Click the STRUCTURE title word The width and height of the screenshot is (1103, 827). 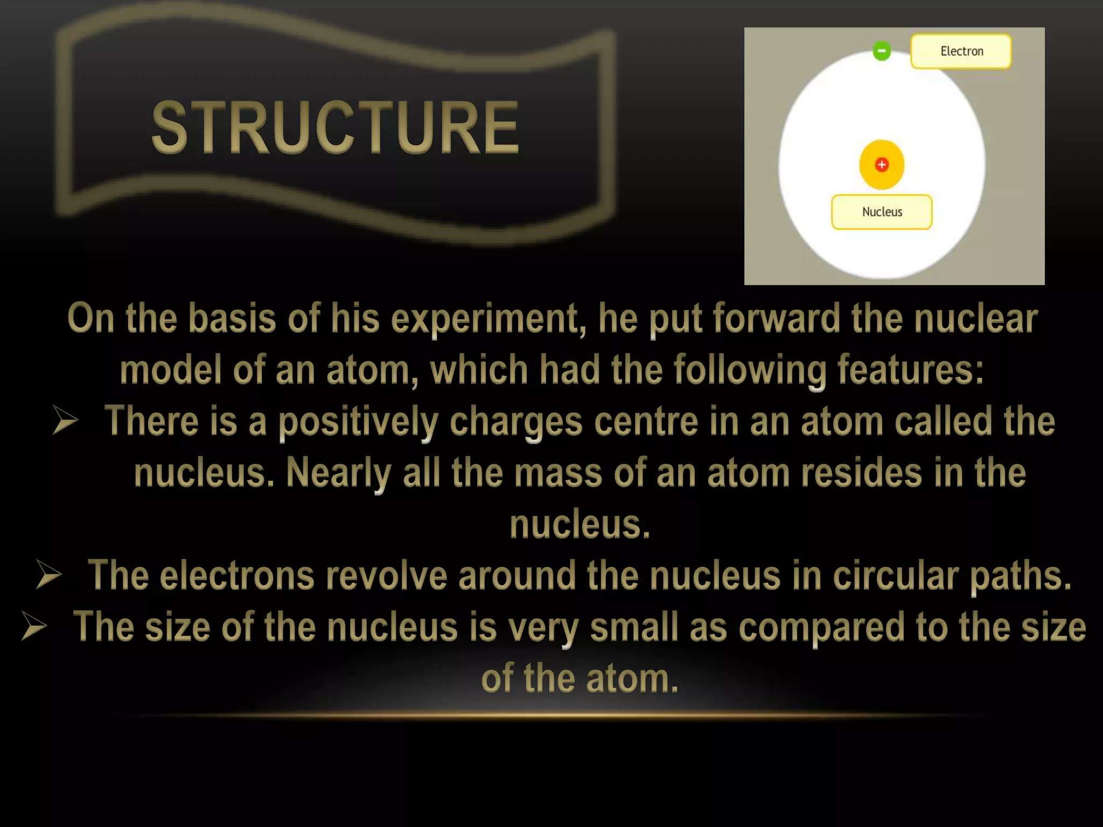click(x=335, y=128)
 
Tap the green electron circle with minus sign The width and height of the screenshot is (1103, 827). click(x=882, y=51)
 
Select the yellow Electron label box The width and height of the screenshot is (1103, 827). click(x=961, y=51)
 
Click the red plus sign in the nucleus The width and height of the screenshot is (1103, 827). click(x=882, y=165)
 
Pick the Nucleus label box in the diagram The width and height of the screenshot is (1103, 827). click(x=882, y=212)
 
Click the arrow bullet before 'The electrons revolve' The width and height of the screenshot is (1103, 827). click(x=49, y=575)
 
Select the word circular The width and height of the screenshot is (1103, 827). click(x=896, y=576)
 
